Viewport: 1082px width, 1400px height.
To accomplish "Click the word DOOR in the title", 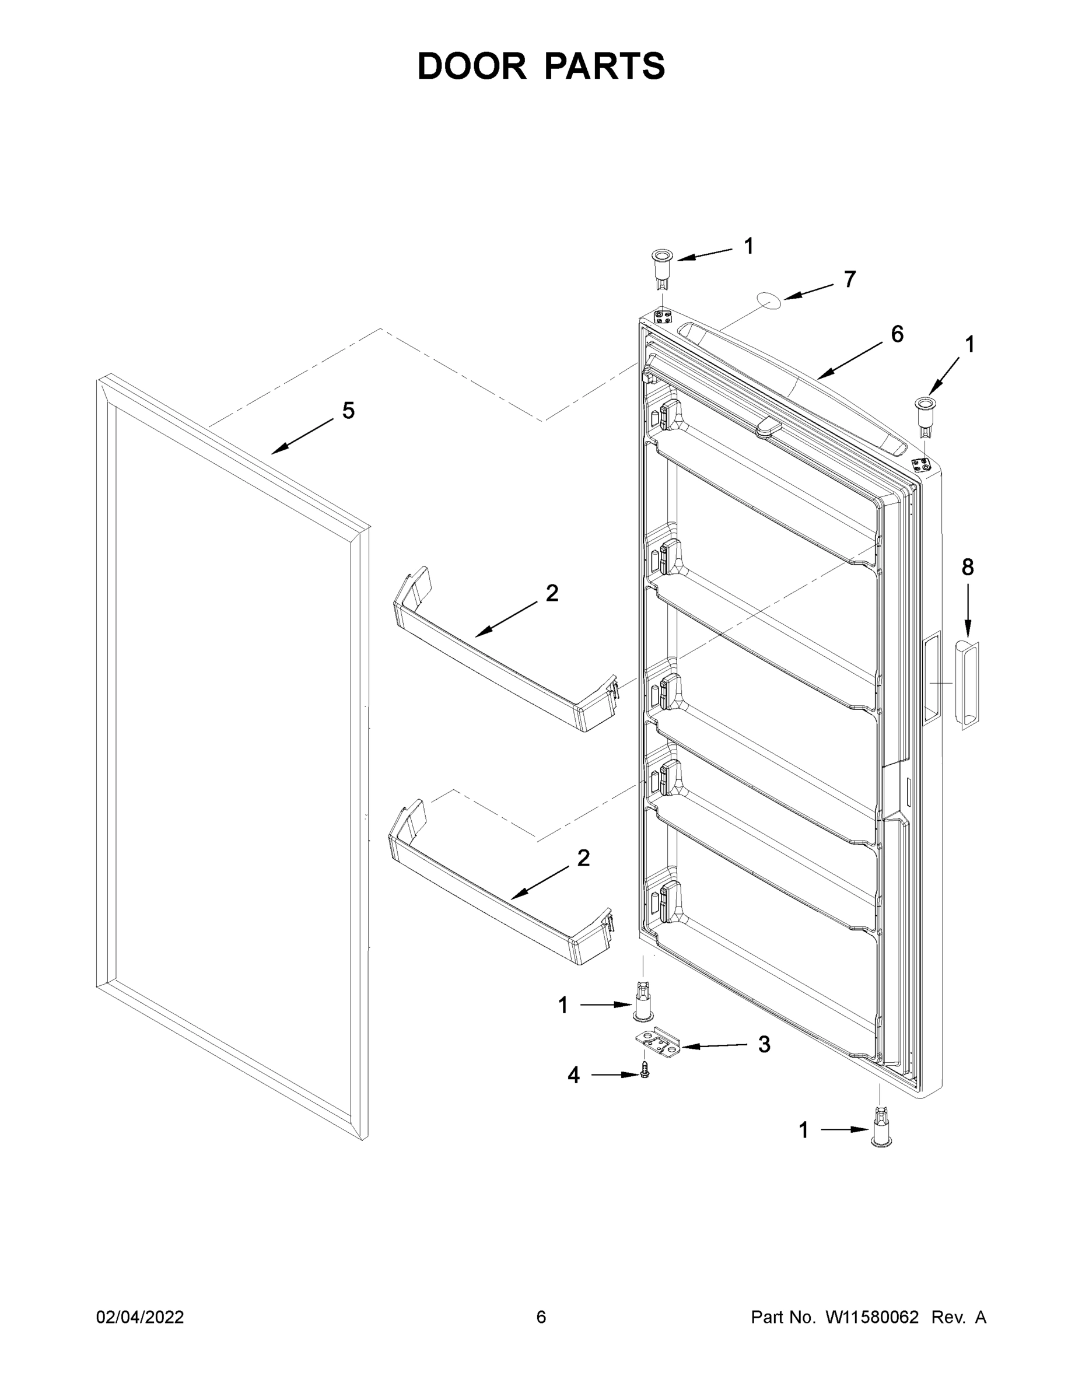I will click(472, 66).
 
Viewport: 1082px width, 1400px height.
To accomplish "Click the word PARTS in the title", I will click(605, 66).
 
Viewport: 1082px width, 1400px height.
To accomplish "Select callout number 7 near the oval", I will click(849, 279).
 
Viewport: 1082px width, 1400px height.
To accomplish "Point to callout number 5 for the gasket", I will click(348, 410).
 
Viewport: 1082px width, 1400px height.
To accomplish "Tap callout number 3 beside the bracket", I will click(764, 1044).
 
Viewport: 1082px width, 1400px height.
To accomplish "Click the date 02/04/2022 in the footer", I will click(140, 1317).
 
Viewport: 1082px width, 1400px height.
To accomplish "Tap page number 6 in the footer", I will click(541, 1317).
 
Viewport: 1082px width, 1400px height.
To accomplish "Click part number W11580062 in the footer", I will click(872, 1317).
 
